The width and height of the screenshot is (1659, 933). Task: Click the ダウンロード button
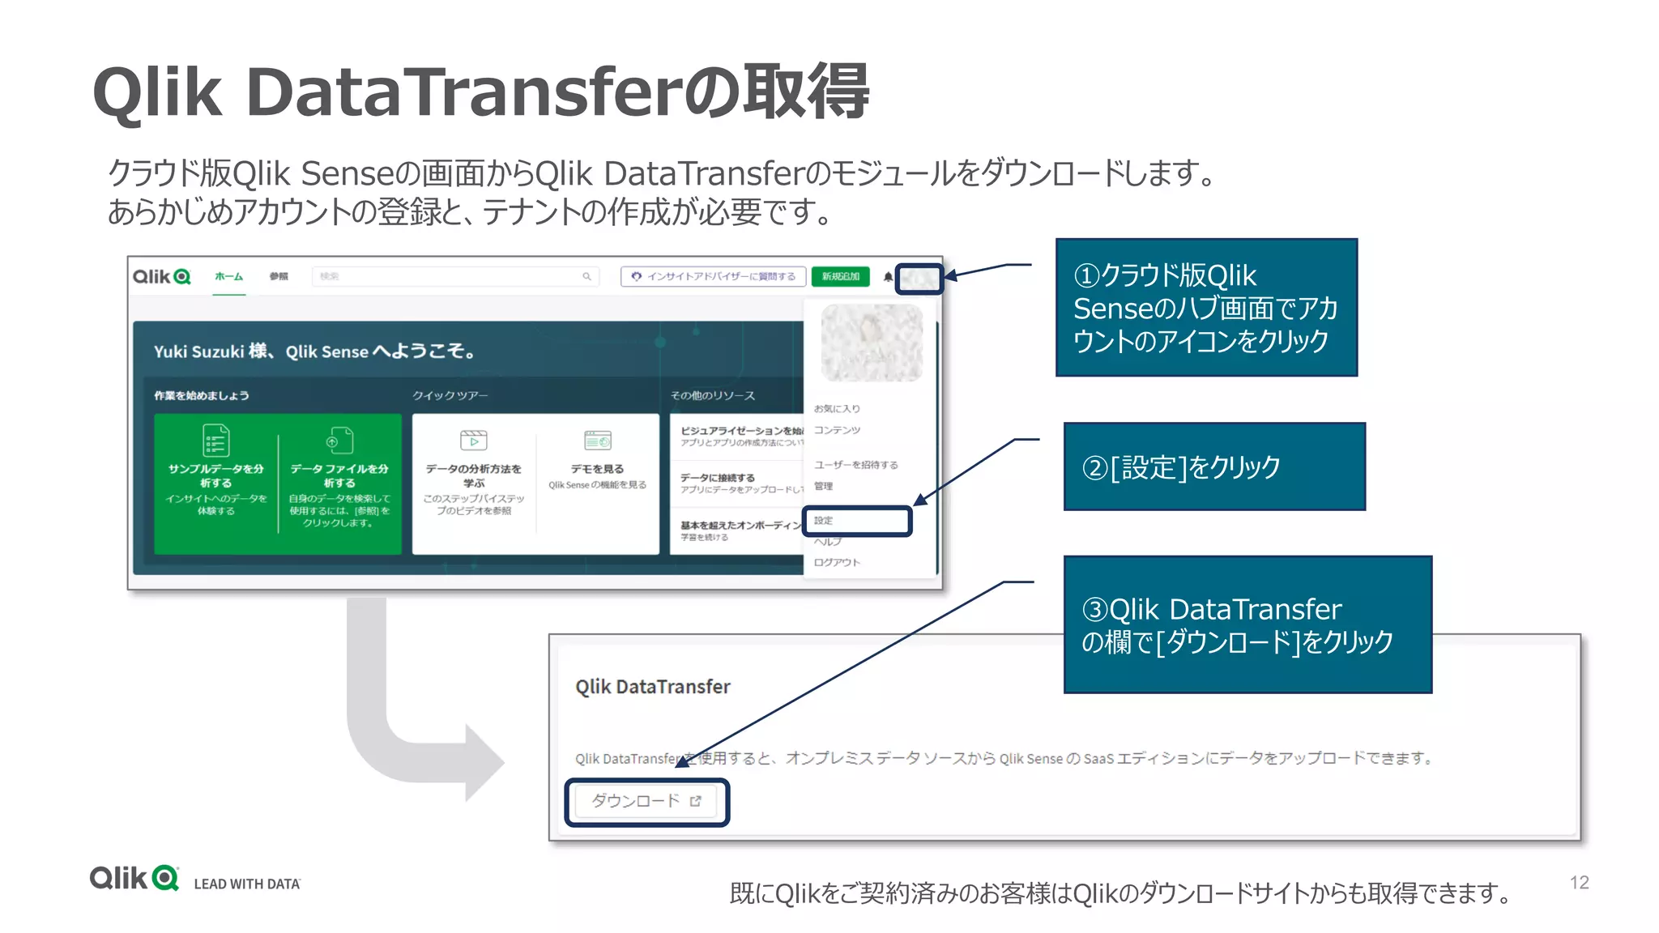click(646, 801)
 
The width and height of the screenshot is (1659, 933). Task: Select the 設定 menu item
click(824, 521)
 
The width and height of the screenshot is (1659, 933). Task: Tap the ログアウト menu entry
click(837, 562)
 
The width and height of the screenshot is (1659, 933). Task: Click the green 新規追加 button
click(840, 276)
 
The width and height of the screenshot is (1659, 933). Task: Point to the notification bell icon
click(888, 277)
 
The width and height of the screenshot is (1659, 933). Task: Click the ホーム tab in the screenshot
click(228, 276)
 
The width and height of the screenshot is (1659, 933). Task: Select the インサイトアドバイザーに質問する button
click(713, 276)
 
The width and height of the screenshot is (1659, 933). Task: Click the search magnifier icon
click(586, 276)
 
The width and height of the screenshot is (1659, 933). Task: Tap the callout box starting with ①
click(1205, 308)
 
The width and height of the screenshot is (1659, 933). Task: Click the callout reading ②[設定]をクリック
click(1213, 466)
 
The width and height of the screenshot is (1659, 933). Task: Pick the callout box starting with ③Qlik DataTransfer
click(1247, 624)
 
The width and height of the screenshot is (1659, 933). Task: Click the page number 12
click(1579, 882)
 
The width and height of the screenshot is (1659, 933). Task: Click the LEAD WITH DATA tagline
click(247, 884)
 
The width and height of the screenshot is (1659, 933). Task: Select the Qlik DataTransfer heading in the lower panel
click(652, 687)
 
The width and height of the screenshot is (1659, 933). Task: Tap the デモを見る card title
click(597, 469)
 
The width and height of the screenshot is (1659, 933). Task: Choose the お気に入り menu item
click(837, 408)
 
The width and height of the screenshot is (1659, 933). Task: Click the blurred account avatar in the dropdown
click(871, 343)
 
